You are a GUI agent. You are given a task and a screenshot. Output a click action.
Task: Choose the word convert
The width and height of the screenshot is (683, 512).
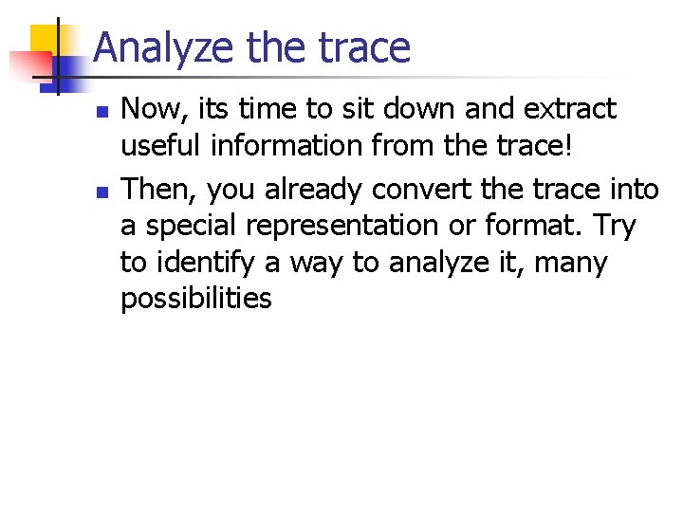[x=423, y=191]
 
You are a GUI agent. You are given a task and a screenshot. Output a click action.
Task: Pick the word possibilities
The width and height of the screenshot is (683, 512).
[x=195, y=300]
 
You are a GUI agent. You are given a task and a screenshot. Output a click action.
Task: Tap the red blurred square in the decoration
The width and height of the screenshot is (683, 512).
[x=27, y=64]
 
